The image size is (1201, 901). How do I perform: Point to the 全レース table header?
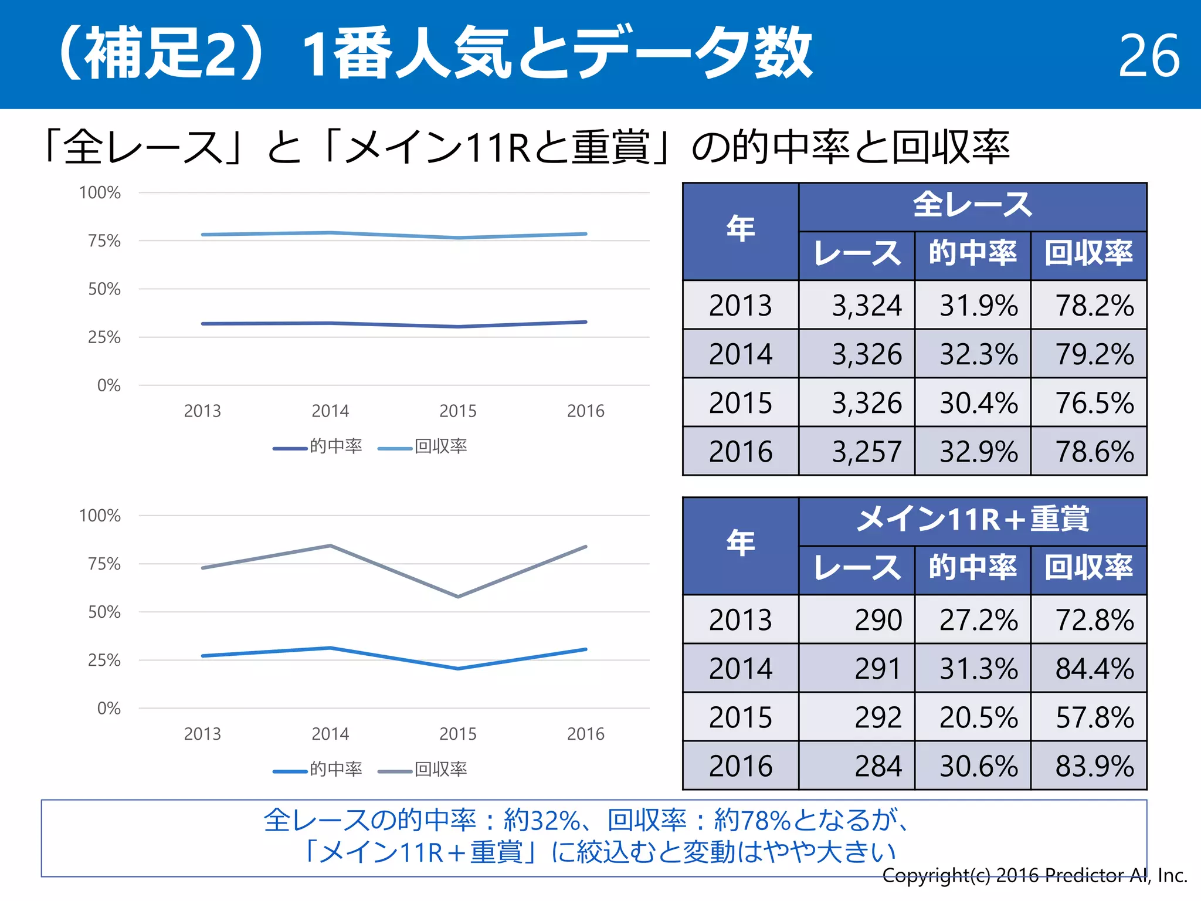[972, 206]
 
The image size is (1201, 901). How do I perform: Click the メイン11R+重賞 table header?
[972, 520]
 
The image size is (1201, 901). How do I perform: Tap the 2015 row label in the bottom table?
[740, 717]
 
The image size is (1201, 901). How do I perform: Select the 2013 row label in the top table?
[740, 306]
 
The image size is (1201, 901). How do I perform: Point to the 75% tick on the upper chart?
[104, 241]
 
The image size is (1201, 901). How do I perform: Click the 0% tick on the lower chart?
[108, 709]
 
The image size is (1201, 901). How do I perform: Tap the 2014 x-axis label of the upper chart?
[330, 411]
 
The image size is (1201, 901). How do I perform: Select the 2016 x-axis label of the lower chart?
[585, 734]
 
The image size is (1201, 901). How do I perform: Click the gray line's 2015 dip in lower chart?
[458, 597]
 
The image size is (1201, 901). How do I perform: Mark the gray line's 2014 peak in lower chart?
[330, 546]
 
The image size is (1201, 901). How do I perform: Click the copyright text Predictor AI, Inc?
[1034, 876]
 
